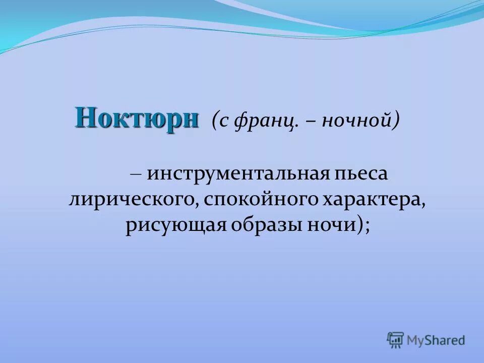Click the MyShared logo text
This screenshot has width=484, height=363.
(x=437, y=340)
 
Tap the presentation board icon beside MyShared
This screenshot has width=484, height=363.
(x=396, y=340)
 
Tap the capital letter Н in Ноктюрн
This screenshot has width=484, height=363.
(x=85, y=118)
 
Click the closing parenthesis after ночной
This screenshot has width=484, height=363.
(x=397, y=121)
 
